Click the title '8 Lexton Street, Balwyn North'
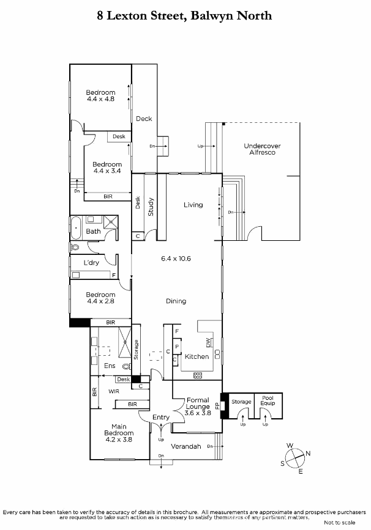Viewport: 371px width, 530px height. tap(184, 15)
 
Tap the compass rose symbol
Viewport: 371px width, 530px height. tap(295, 458)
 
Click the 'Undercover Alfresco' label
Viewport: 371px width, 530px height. tap(263, 149)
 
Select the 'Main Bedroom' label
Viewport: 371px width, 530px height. tap(119, 430)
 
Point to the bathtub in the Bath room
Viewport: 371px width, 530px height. tap(75, 228)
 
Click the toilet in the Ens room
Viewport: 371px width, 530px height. tap(127, 366)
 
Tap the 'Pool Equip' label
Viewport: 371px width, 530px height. tap(268, 400)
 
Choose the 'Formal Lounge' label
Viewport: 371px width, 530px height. tap(198, 403)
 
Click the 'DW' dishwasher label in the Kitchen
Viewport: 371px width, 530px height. tap(208, 343)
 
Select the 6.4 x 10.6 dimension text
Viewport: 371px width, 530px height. tap(176, 259)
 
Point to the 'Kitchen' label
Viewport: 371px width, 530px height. tap(197, 356)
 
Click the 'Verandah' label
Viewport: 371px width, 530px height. tap(186, 446)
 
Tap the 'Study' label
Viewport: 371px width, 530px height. tap(151, 207)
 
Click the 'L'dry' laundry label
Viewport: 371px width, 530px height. tap(91, 263)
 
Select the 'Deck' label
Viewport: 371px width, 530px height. tap(144, 119)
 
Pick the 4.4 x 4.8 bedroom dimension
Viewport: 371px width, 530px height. tap(100, 99)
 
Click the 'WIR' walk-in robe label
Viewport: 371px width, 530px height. tap(114, 391)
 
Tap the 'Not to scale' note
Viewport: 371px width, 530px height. tap(340, 523)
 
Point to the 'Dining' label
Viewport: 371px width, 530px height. tap(176, 301)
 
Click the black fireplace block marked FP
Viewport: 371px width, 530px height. tap(225, 406)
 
